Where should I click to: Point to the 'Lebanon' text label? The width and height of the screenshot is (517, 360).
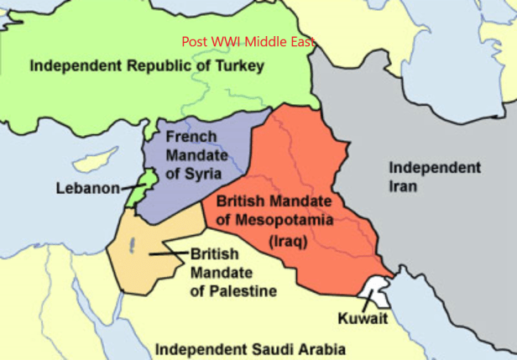click(x=88, y=188)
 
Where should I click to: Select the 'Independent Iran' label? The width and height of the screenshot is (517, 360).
click(x=434, y=175)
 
